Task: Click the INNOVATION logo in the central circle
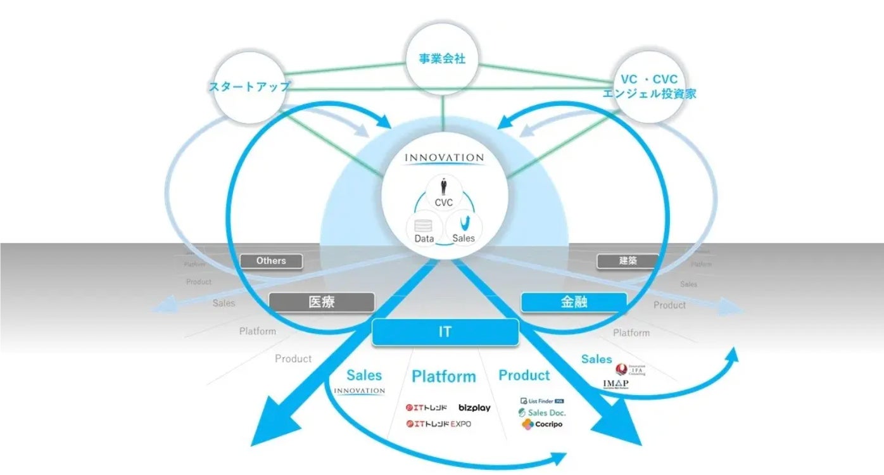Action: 445,158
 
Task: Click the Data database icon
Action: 424,225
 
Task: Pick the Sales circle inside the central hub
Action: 464,229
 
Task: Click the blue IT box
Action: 445,332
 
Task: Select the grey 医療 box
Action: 322,302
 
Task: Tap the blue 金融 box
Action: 574,302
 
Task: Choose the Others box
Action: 271,260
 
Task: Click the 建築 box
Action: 628,260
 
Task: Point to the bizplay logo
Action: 474,408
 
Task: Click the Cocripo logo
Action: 542,424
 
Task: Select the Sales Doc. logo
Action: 542,412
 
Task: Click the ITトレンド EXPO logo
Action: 438,424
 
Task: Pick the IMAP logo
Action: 616,384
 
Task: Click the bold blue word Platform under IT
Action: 443,377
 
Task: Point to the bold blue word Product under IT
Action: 524,376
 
